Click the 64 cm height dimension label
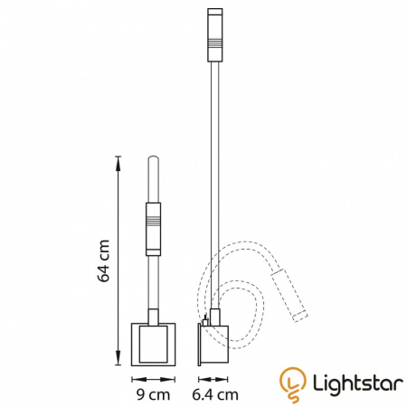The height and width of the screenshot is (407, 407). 103,260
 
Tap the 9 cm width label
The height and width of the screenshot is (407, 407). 153,394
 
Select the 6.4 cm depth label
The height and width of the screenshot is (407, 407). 215,394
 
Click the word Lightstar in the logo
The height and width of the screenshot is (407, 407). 358,383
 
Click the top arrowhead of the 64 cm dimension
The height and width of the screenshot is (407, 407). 118,163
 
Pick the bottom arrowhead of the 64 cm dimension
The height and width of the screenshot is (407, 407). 118,358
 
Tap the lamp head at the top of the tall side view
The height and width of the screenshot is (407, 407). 215,35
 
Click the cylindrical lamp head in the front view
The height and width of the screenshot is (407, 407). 153,229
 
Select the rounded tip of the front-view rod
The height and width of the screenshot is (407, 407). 153,158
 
